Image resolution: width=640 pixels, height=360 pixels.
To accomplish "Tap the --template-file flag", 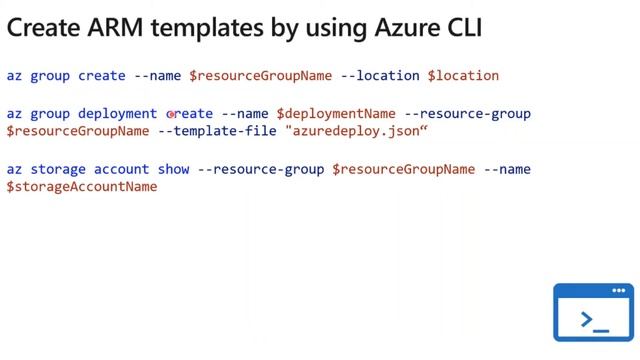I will [218, 130].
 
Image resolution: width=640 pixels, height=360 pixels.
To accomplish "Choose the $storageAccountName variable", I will [82, 186].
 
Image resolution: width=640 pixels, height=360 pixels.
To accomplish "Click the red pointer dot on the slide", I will [172, 114].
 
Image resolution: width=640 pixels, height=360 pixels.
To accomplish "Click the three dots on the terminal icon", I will [617, 291].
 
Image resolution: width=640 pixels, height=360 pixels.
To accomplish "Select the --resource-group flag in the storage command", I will [262, 169].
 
